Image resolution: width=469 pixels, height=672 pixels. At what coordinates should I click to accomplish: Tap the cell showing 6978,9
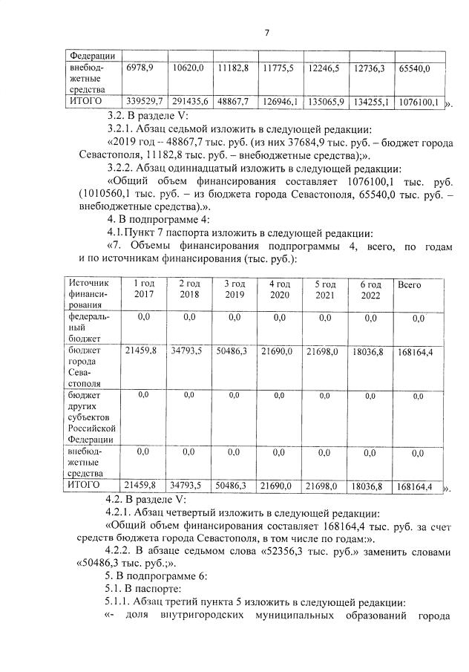[x=140, y=68]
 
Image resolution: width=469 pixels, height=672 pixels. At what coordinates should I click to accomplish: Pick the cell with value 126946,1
[x=281, y=100]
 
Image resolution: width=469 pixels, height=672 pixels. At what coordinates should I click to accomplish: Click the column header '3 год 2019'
[x=234, y=289]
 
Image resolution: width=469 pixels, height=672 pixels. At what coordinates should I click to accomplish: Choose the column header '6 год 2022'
[x=370, y=290]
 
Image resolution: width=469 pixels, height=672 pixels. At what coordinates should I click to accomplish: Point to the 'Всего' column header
[x=410, y=284]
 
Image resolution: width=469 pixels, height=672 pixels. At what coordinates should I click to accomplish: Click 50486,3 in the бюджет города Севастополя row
[x=234, y=350]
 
